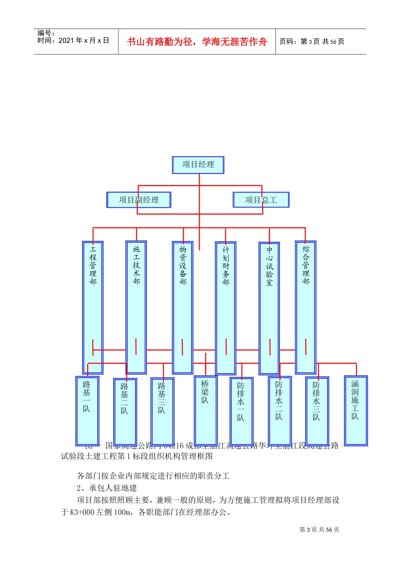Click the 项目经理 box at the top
click(198, 165)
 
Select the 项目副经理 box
click(139, 200)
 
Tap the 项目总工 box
click(261, 200)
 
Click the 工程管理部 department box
click(93, 307)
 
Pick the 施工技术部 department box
click(136, 307)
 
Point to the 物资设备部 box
click(182, 307)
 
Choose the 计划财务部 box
click(226, 308)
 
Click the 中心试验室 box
click(269, 308)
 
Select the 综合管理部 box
click(306, 307)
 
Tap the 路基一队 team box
click(87, 411)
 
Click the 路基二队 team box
click(125, 411)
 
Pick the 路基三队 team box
click(162, 411)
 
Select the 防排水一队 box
click(241, 411)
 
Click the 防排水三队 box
click(317, 411)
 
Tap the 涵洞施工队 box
click(356, 410)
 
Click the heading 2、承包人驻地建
click(107, 488)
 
